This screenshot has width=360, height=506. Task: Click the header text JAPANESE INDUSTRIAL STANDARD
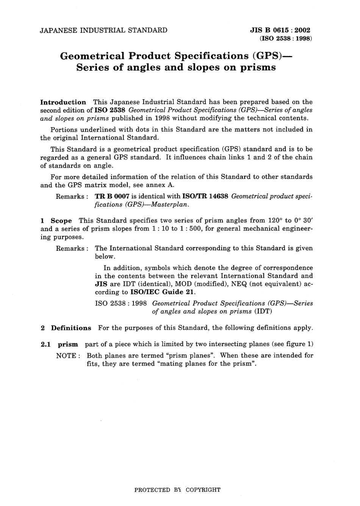[103, 30]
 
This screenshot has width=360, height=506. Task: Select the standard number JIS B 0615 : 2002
[280, 30]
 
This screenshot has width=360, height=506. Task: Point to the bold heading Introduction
[63, 102]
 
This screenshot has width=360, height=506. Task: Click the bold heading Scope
[61, 220]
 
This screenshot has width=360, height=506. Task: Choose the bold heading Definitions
[71, 328]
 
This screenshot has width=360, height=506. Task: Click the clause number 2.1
[46, 344]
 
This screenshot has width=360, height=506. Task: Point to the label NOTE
[67, 356]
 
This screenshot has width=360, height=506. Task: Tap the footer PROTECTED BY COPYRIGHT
[177, 490]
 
